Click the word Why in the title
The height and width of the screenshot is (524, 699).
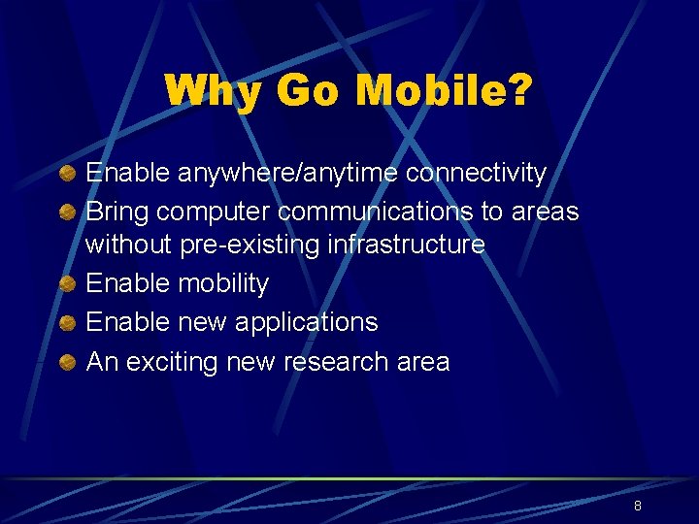tap(213, 92)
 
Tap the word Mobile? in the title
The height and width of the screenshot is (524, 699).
tap(445, 92)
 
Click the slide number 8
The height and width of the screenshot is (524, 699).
tap(637, 506)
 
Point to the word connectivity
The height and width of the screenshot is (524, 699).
tap(476, 174)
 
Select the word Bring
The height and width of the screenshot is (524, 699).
tap(117, 212)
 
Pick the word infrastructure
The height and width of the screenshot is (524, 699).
tap(406, 245)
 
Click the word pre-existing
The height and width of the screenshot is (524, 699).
tap(250, 245)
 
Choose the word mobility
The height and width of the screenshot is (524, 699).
tap(223, 284)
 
